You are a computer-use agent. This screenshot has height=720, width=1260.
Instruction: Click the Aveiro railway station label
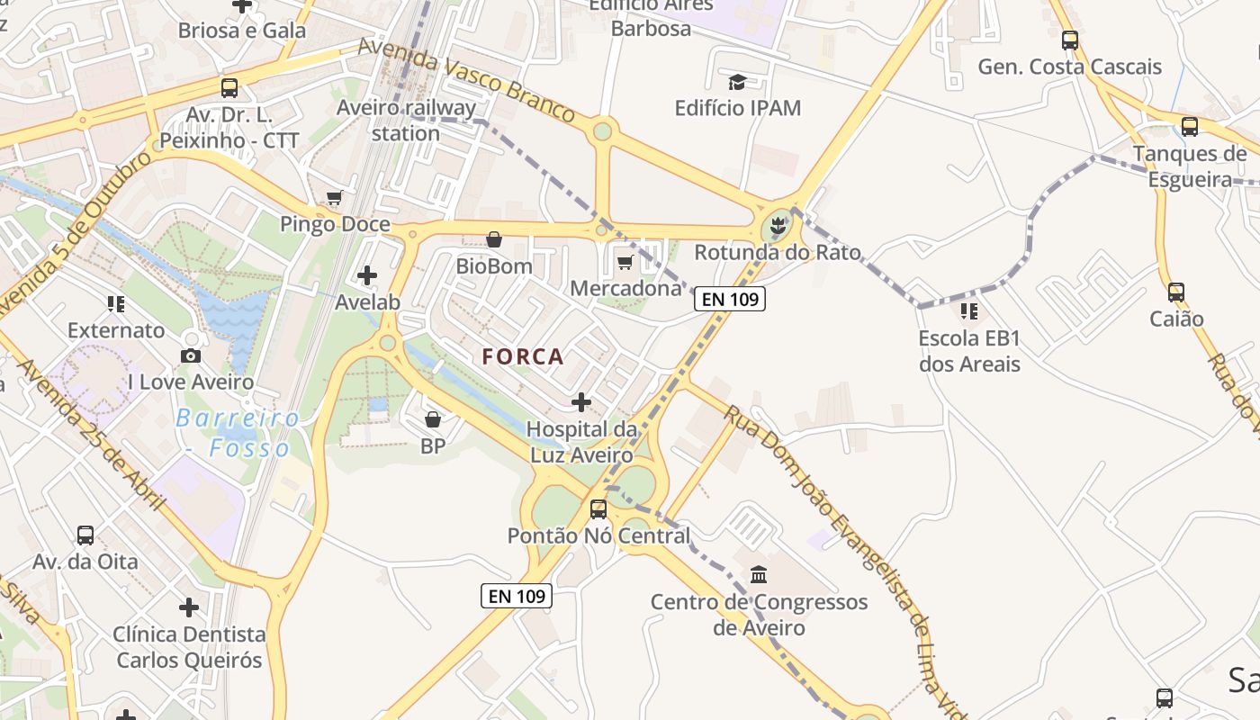(x=406, y=121)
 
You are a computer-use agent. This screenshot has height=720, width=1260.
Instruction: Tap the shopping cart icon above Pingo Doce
(x=335, y=197)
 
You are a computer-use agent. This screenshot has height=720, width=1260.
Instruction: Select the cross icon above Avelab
(x=367, y=274)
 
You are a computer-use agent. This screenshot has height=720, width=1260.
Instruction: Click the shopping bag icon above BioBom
(x=494, y=239)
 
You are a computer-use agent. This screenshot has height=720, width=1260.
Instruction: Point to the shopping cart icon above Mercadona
(x=625, y=262)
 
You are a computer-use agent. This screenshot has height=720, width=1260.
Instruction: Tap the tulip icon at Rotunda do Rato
(x=778, y=225)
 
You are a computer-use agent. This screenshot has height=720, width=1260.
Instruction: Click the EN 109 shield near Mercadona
(x=730, y=299)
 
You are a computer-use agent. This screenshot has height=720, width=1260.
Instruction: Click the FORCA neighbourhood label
(x=523, y=356)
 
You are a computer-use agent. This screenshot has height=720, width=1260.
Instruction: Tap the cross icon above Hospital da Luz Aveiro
(x=582, y=401)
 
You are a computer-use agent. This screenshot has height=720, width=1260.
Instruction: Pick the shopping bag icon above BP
(x=433, y=419)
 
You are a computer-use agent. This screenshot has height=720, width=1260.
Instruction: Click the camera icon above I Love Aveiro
(x=191, y=355)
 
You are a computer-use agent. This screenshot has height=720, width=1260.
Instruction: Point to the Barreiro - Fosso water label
(x=238, y=433)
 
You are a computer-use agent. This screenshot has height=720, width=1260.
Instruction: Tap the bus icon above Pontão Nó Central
(x=598, y=509)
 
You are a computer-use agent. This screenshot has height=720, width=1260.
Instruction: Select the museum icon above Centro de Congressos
(x=759, y=574)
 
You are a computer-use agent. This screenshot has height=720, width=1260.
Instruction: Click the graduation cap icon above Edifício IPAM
(x=737, y=83)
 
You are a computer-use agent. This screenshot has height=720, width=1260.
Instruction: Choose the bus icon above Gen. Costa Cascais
(x=1069, y=40)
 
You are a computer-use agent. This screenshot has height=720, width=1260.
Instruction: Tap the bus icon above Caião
(x=1176, y=292)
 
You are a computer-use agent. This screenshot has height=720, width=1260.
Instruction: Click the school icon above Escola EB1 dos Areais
(x=969, y=311)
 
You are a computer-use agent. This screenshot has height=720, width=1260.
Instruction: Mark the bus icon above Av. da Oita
(x=85, y=535)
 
